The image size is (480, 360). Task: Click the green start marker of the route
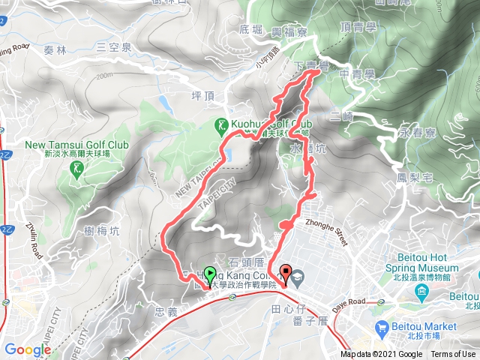pyautogui.click(x=211, y=274)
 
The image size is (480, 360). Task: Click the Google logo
pyautogui.click(x=28, y=349)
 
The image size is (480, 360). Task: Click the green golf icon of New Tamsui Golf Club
pyautogui.click(x=77, y=169)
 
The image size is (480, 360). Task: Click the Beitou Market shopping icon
pyautogui.click(x=381, y=326)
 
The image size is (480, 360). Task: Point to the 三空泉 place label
pyautogui.click(x=113, y=46)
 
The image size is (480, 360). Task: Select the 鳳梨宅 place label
pyautogui.click(x=412, y=178)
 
